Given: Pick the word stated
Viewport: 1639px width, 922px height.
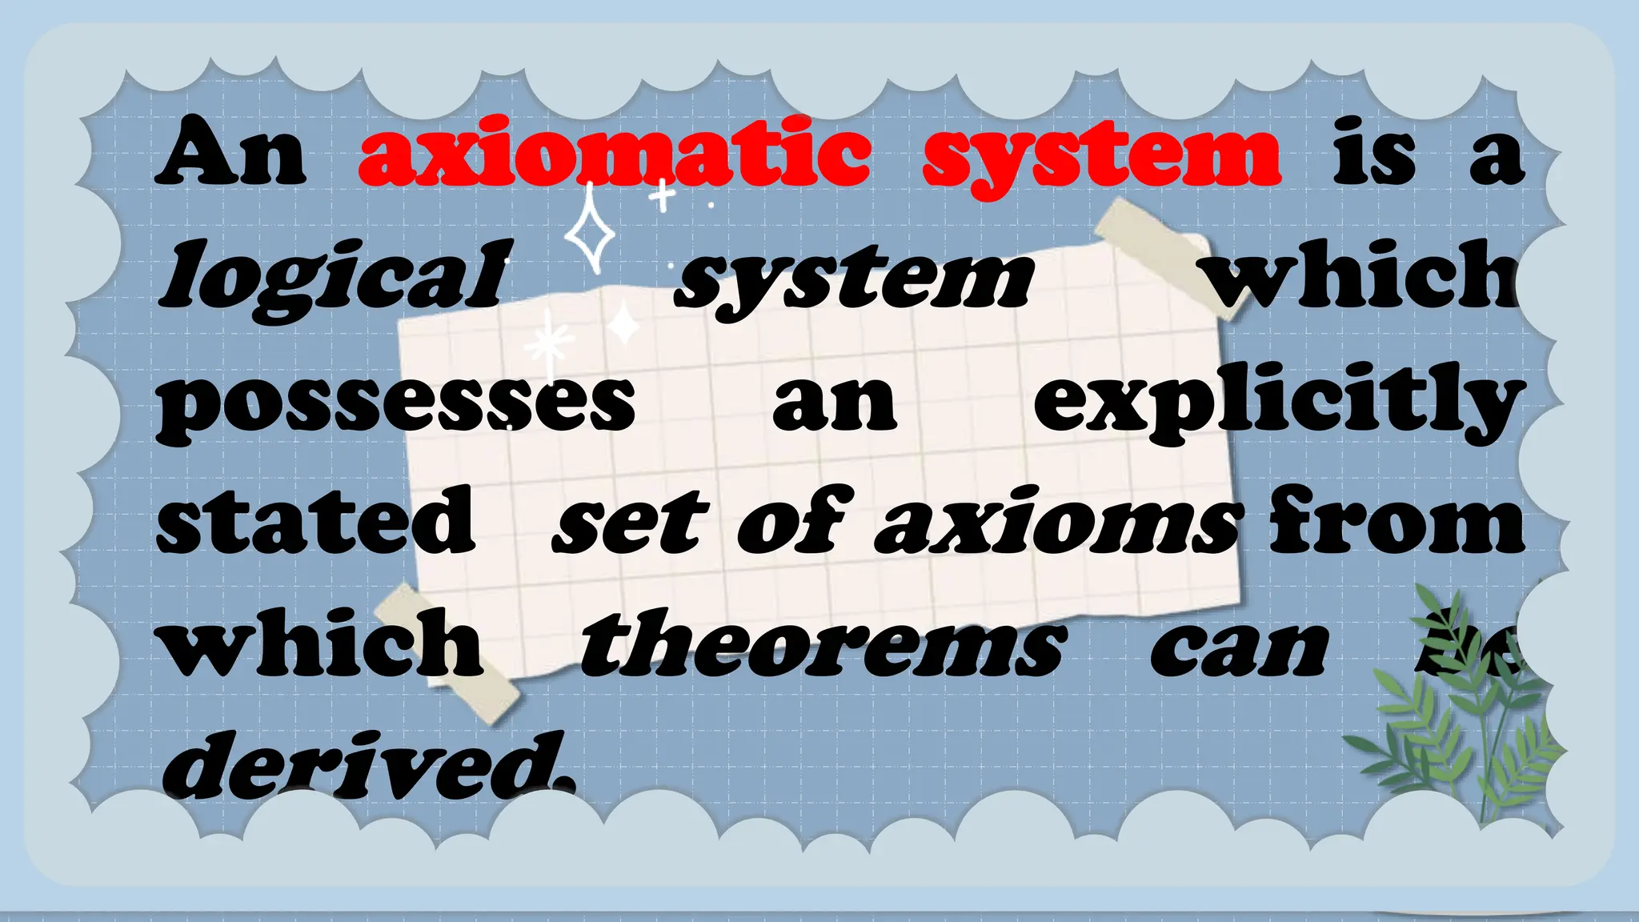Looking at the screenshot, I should pos(316,521).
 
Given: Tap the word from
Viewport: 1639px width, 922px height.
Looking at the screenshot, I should pos(1397,520).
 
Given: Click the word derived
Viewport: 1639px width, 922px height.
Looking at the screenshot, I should pos(368,764).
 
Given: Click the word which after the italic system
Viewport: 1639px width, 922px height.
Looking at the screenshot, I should pos(1360,276).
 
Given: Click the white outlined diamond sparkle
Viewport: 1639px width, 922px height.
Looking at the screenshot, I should pos(591,232).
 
